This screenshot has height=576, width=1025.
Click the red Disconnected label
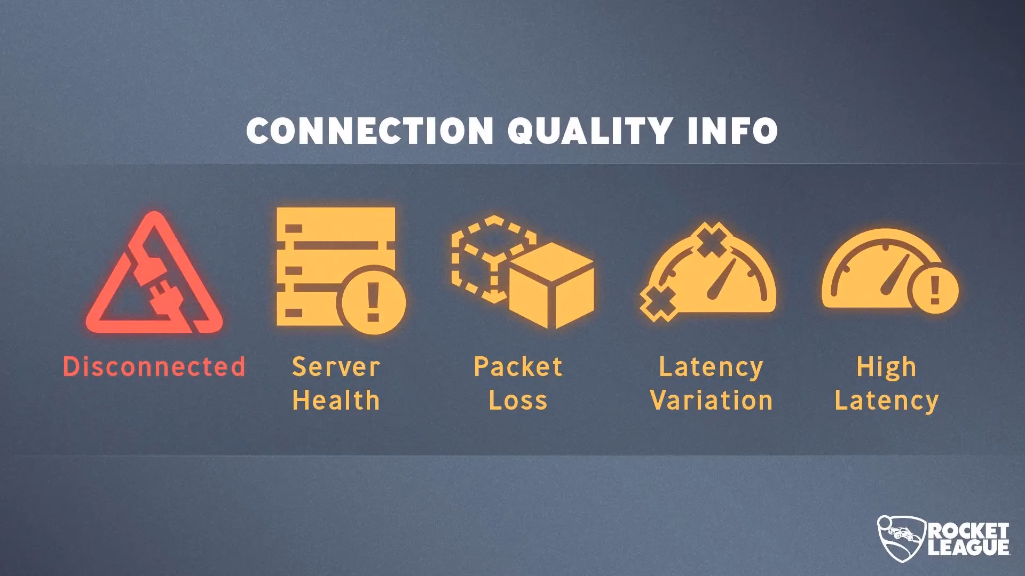154,367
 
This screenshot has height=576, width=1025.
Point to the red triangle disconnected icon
154,273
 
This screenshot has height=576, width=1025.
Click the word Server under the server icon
336,367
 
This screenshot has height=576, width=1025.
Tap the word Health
336,400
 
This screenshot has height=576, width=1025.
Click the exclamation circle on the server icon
373,303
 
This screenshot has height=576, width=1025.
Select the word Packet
518,367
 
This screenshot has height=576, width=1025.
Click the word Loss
518,400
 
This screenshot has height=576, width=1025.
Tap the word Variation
712,400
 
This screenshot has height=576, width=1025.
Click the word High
886,367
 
